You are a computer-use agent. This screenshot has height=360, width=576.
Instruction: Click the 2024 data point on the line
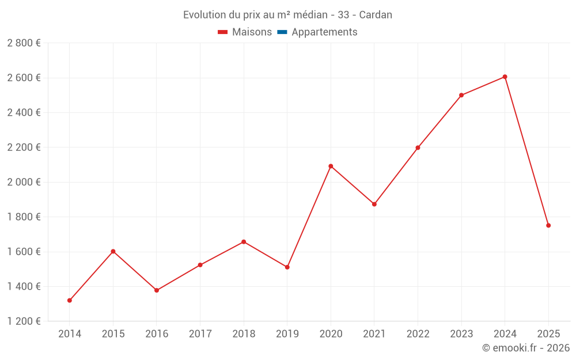coord(505,77)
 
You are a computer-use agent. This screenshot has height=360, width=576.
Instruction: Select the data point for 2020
coord(331,166)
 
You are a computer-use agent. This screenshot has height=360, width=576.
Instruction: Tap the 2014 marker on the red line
coord(70,300)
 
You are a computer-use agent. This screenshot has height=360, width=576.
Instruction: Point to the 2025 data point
coord(548,225)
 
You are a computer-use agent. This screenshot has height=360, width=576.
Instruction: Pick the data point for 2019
coord(287,267)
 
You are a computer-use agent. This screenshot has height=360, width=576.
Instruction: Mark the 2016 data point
coord(157,290)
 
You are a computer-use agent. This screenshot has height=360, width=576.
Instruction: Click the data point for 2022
coord(418,147)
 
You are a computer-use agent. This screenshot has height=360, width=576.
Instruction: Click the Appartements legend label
coord(324,32)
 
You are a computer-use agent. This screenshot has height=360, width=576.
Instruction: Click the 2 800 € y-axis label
coord(24,43)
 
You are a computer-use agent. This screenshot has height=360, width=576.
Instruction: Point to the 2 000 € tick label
coord(24,182)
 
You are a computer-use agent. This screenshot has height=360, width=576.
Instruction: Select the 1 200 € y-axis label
coord(24,321)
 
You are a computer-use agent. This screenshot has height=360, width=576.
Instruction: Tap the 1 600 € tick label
coord(24,252)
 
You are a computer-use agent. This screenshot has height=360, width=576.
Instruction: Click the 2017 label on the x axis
coord(200,334)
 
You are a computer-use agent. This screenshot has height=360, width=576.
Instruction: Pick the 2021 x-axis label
coord(374,334)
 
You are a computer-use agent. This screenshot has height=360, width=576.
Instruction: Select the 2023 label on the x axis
coord(461,334)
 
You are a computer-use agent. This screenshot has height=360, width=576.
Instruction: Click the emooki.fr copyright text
coord(526,348)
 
